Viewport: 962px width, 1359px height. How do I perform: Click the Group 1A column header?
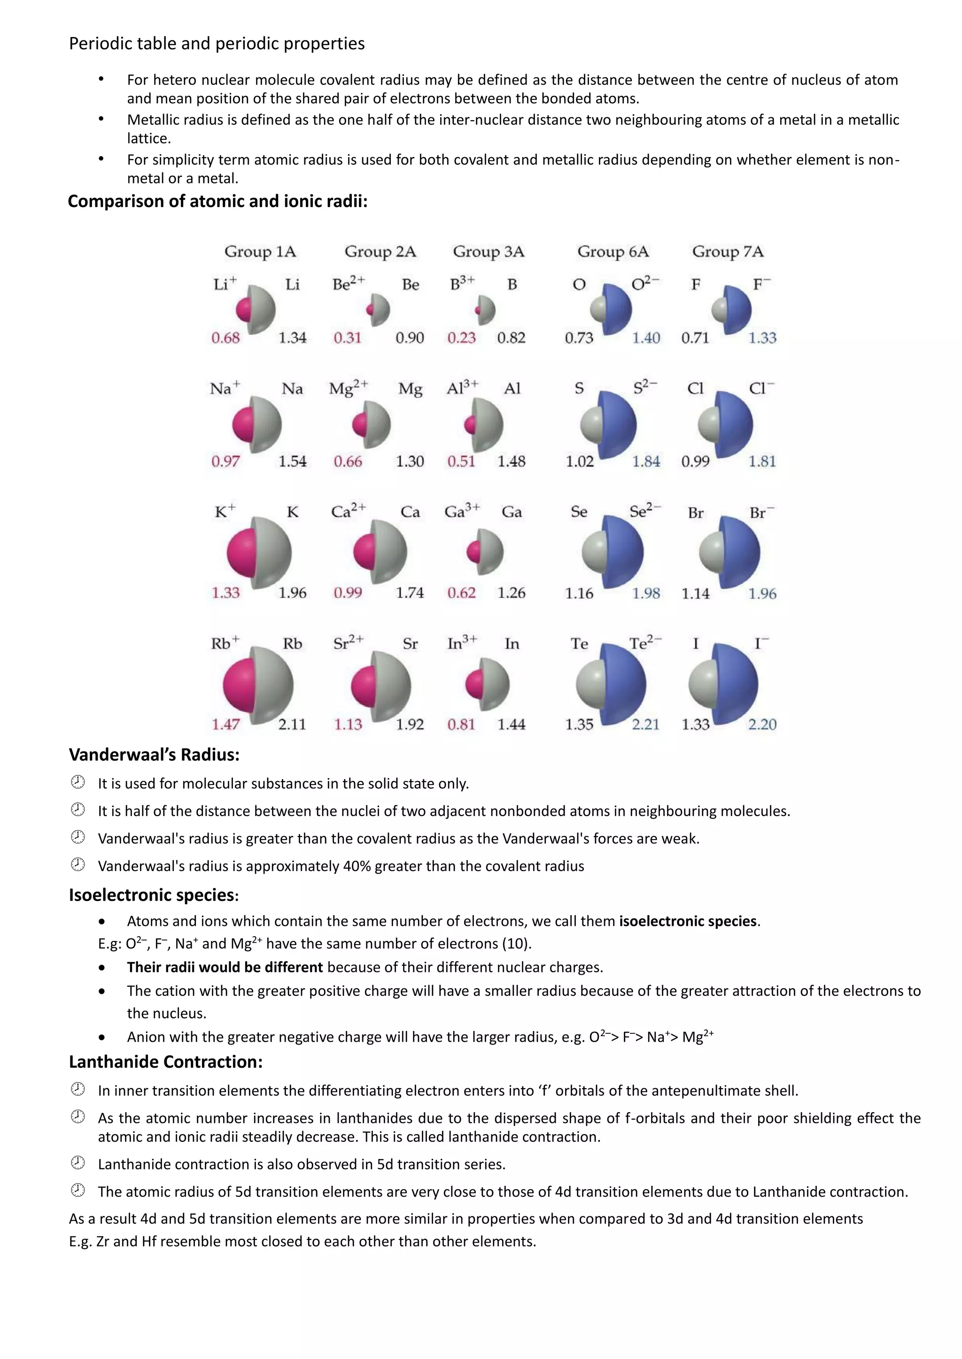point(260,252)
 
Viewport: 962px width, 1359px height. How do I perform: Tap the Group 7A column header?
point(728,252)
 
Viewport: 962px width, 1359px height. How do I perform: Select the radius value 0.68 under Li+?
point(225,338)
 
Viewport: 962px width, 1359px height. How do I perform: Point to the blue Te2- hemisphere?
point(627,684)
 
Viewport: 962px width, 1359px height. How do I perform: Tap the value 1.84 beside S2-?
point(646,462)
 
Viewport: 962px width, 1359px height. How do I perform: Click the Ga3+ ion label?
point(462,512)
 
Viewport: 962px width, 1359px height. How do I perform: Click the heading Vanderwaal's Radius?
point(154,755)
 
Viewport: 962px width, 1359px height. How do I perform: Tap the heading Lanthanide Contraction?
point(165,1062)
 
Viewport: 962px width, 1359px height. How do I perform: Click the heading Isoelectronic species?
point(153,895)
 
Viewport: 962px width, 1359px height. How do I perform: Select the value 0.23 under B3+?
point(461,338)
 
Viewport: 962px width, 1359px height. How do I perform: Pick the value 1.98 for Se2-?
point(646,593)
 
